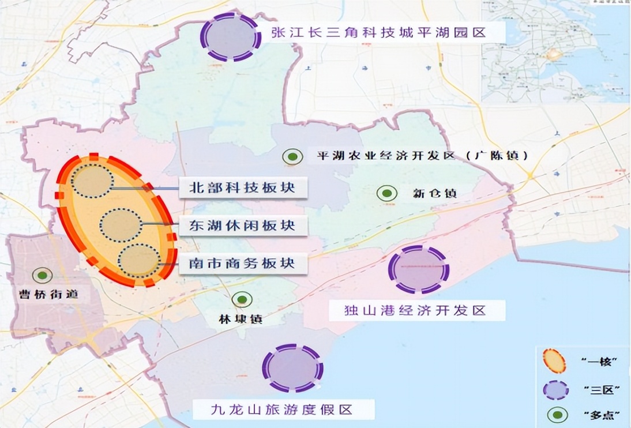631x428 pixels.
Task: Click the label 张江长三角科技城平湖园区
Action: (x=378, y=32)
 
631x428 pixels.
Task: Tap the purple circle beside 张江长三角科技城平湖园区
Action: (x=230, y=36)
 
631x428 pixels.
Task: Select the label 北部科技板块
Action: (x=242, y=187)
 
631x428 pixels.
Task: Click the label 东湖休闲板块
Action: (x=242, y=225)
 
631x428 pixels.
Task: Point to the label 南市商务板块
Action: (x=242, y=263)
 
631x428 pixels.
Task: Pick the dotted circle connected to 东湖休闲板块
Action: (x=121, y=226)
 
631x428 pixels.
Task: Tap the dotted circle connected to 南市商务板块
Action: (x=138, y=261)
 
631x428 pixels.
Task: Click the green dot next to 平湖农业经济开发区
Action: (x=293, y=156)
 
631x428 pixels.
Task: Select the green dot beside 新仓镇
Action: (x=386, y=194)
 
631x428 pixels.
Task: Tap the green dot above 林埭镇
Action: (x=242, y=299)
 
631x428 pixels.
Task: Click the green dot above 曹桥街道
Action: (x=42, y=276)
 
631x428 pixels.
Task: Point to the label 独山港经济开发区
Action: (x=416, y=310)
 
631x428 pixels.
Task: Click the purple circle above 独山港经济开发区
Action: (x=418, y=269)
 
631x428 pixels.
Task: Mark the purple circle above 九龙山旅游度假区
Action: (x=292, y=368)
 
